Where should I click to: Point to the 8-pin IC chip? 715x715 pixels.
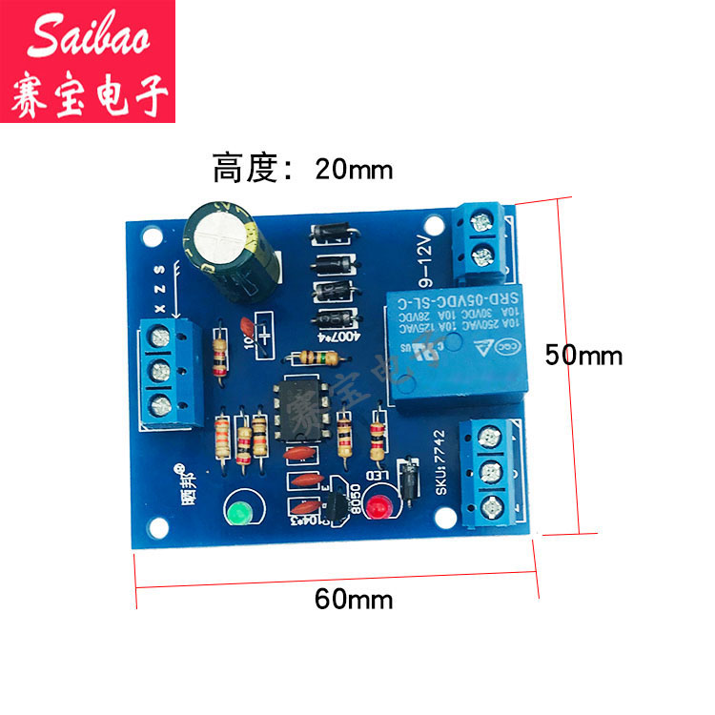(x=298, y=412)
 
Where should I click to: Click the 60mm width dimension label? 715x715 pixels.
(x=354, y=600)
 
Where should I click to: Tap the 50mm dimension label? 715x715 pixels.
(x=583, y=356)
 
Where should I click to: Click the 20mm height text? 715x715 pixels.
(x=302, y=170)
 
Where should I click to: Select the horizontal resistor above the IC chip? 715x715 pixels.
(x=314, y=358)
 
